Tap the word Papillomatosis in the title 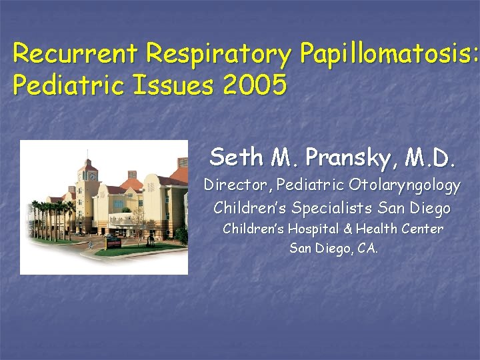click(x=386, y=53)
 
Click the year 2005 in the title click(x=256, y=85)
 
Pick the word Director click(x=237, y=185)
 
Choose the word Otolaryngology click(x=405, y=186)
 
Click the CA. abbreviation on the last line click(x=367, y=249)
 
